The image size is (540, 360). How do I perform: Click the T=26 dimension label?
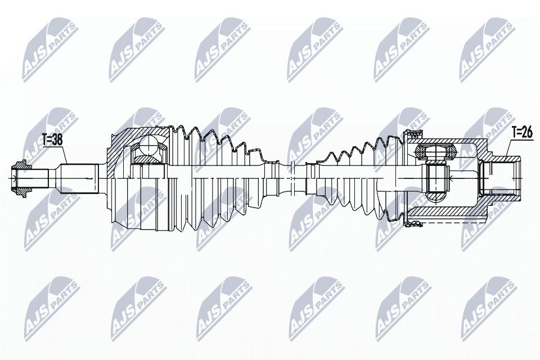[x=521, y=132]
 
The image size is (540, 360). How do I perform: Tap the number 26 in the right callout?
[x=527, y=132]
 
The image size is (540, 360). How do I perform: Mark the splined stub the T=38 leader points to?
[x=79, y=178]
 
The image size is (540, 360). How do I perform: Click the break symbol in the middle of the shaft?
[x=291, y=178]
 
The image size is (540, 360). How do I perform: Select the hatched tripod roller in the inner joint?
[x=435, y=151]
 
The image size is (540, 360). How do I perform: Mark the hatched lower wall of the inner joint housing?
[x=448, y=214]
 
